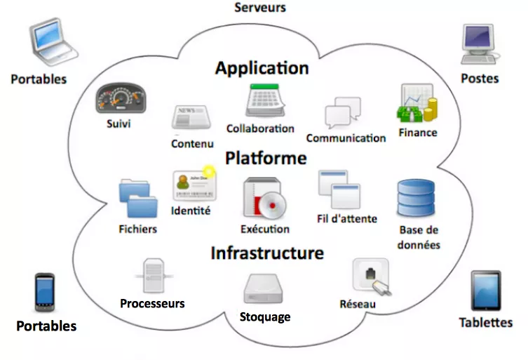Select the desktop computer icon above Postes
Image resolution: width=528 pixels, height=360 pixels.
click(x=479, y=44)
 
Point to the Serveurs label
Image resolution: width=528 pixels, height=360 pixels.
click(x=260, y=8)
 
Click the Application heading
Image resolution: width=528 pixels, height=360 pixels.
click(x=262, y=68)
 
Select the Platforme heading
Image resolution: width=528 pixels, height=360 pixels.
click(x=266, y=159)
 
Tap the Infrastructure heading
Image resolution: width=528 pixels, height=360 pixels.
click(x=267, y=253)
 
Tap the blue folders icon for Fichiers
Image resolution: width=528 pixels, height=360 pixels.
click(x=139, y=199)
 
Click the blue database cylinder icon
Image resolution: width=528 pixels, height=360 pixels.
click(x=416, y=199)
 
